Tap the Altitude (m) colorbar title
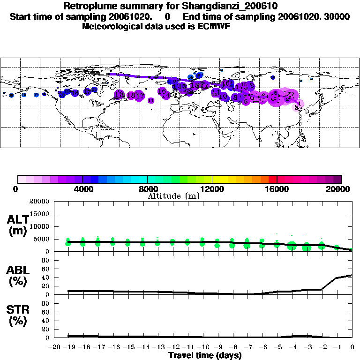tap(173, 196)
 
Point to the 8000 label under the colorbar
tap(147, 189)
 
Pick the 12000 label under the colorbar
tap(212, 189)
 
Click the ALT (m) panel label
tap(18, 225)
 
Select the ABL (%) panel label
tap(18, 277)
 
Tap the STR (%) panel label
tap(18, 315)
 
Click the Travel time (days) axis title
tap(205, 356)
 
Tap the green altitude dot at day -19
tap(68, 243)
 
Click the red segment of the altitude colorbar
tap(272, 179)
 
